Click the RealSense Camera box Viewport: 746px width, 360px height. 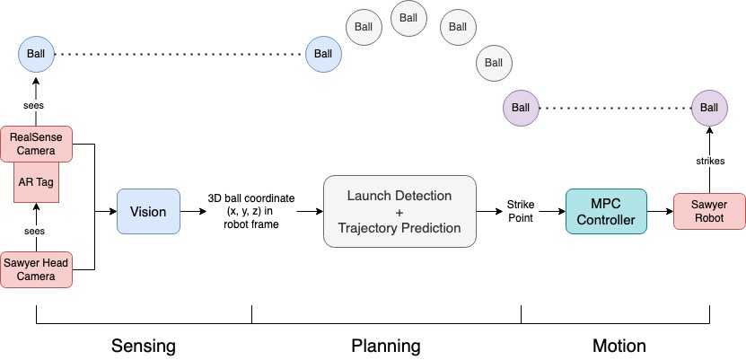point(35,144)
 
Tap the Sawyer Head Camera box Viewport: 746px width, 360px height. point(35,268)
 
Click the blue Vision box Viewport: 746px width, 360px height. point(148,212)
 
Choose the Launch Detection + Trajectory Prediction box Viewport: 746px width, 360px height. point(399,212)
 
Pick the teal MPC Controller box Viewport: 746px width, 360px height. point(607,212)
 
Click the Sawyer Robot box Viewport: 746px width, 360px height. point(709,212)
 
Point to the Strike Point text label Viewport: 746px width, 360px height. point(520,212)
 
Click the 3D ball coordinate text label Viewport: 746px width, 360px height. point(252,212)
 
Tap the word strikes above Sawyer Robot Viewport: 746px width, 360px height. point(708,162)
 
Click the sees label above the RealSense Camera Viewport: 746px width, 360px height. point(35,105)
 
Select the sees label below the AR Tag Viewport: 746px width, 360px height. point(35,231)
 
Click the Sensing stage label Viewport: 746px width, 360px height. point(143,346)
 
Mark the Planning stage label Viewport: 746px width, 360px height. point(385,346)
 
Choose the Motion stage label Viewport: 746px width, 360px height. point(619,346)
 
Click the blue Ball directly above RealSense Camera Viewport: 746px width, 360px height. point(35,54)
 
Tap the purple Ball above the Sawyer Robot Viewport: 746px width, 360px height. point(708,108)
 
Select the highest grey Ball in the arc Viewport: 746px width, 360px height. point(408,17)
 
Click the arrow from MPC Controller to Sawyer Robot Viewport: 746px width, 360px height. point(660,212)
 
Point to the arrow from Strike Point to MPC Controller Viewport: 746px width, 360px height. point(551,212)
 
